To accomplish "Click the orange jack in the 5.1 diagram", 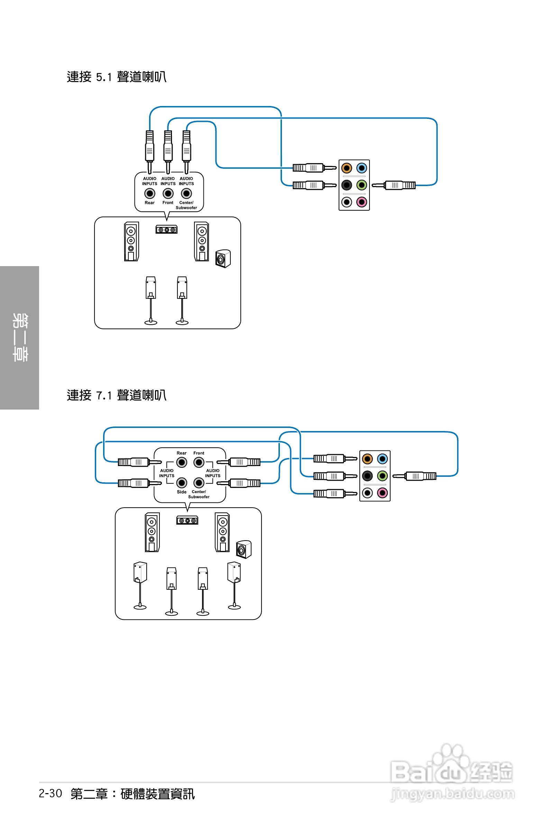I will tap(346, 168).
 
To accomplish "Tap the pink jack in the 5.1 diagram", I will tap(362, 202).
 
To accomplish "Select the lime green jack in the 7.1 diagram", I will tap(382, 476).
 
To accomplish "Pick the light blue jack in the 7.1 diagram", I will tap(382, 459).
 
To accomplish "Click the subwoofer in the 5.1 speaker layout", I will tap(223, 259).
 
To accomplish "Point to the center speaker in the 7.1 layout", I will tap(187, 520).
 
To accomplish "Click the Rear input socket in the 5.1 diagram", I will tap(149, 193).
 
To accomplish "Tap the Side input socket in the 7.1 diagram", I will tap(181, 483).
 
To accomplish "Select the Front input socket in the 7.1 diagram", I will tap(199, 463).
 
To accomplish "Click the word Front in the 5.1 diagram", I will tap(168, 203).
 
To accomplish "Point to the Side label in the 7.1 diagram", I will tap(181, 492).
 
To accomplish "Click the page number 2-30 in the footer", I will tap(51, 793).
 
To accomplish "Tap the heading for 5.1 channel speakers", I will tap(117, 77).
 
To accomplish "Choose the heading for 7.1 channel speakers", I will tap(117, 395).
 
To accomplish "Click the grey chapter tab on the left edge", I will tap(19, 337).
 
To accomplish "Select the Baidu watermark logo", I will tap(452, 771).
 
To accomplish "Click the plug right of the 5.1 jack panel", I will tap(394, 185).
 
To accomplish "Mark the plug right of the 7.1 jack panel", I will tap(415, 476).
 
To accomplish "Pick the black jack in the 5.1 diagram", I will tap(346, 185).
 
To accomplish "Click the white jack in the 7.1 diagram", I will tap(367, 493).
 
